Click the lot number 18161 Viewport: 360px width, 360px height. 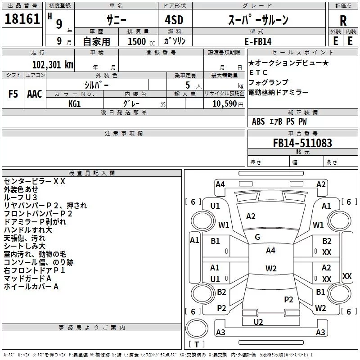coord(22,19)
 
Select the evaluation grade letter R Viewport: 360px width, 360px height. coord(343,20)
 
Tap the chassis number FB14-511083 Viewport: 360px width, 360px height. coord(302,143)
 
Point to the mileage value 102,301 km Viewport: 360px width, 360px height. coord(53,65)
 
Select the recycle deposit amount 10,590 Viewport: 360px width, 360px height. coord(224,103)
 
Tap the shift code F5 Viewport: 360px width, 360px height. coord(13,94)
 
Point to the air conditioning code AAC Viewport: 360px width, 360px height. coord(34,94)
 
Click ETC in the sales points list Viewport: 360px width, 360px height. coord(258,72)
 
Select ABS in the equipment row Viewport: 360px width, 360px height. coord(258,121)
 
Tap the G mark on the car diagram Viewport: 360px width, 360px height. coord(257,237)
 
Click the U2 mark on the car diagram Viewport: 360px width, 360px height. coord(258,322)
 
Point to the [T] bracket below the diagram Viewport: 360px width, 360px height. coord(196,345)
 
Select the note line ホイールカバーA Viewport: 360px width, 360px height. coord(31,286)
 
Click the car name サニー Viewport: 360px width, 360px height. coord(116,20)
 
